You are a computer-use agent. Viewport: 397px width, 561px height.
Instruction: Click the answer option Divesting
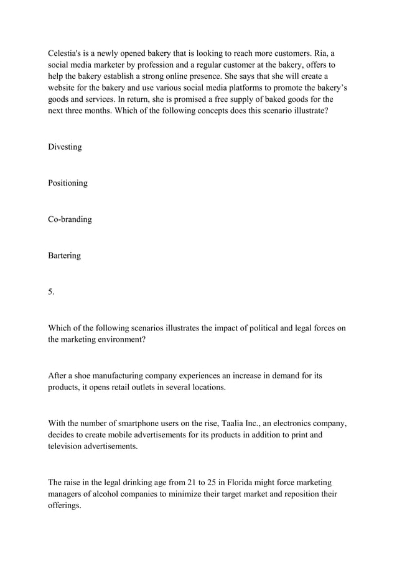(x=65, y=147)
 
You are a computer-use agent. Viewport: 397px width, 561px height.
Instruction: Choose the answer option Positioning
(x=68, y=183)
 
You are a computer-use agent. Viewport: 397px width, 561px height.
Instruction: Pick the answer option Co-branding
(x=70, y=219)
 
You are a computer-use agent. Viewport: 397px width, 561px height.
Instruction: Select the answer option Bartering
(x=65, y=255)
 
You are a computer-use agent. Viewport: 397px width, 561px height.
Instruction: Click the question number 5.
(x=51, y=292)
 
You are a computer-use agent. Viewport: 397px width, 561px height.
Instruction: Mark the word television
(x=69, y=447)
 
